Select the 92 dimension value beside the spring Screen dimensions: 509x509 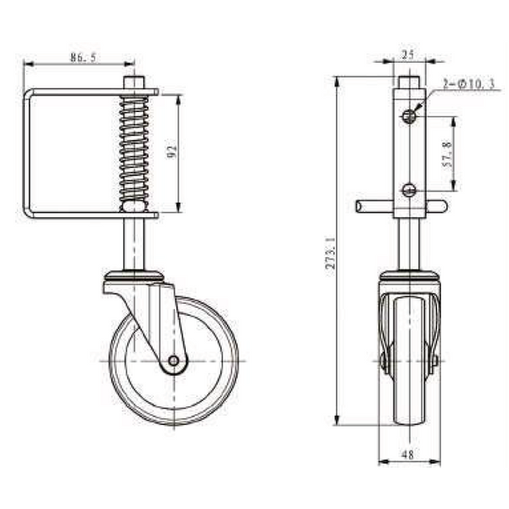coord(171,153)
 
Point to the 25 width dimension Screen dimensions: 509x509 coord(408,54)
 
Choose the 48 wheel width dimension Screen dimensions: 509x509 coord(408,455)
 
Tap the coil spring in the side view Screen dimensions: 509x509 coord(134,148)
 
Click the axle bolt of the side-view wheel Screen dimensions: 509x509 coord(173,361)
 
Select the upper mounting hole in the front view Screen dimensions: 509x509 coord(409,115)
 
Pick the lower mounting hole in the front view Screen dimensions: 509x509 coord(409,190)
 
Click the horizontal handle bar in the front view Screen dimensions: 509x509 coord(373,206)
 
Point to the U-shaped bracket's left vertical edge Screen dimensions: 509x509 coord(25,153)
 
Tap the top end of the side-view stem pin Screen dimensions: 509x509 coord(133,80)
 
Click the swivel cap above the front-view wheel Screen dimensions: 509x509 coord(409,277)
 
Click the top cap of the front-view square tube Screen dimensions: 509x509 coord(408,81)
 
